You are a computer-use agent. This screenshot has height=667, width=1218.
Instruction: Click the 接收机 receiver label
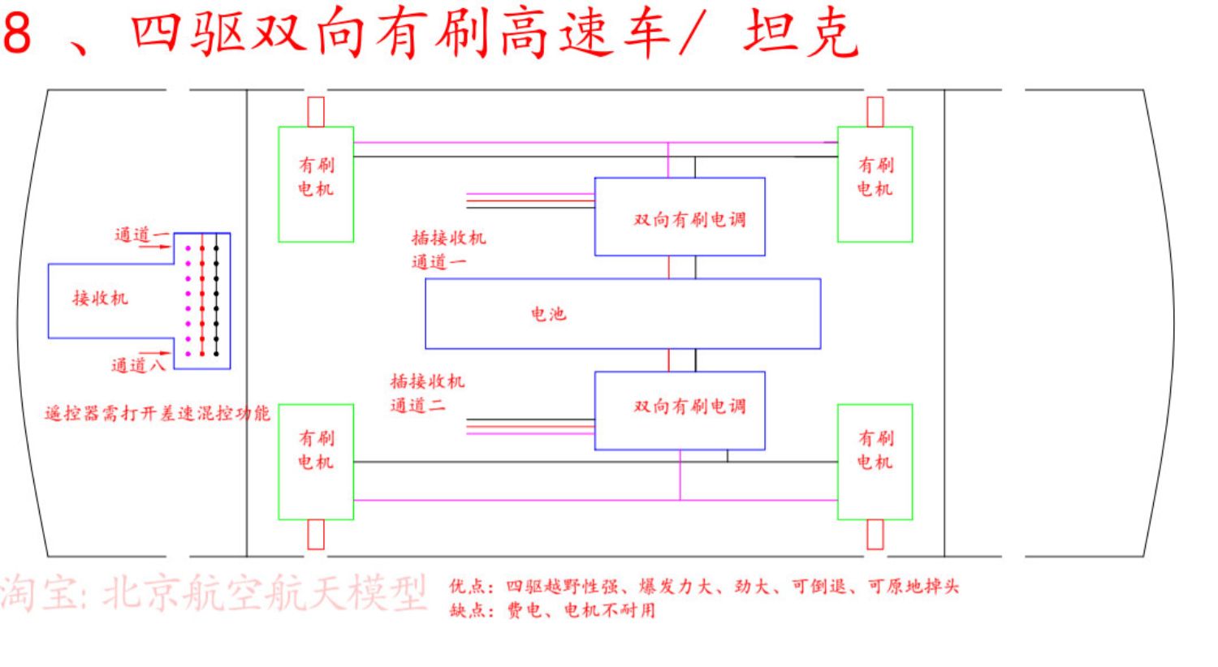tap(101, 298)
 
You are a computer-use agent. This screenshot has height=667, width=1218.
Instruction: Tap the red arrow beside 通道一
tap(156, 247)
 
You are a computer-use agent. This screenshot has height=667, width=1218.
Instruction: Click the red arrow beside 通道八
tap(156, 353)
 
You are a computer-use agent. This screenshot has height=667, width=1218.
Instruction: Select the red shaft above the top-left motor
tap(316, 112)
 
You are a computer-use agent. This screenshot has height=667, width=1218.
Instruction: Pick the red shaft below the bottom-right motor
tap(875, 535)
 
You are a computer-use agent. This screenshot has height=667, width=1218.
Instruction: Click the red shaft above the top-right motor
tap(875, 112)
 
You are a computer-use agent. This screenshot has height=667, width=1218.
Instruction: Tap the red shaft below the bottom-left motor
tap(316, 535)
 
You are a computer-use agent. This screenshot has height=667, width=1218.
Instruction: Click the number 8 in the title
tap(17, 32)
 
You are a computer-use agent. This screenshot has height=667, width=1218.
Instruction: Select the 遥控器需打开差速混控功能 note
tap(158, 414)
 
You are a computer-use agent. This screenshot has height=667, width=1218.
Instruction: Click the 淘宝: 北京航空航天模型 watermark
tap(213, 593)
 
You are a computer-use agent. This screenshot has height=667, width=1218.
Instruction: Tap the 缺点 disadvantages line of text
tap(552, 610)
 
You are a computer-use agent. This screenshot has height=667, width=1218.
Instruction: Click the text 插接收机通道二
tap(427, 394)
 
